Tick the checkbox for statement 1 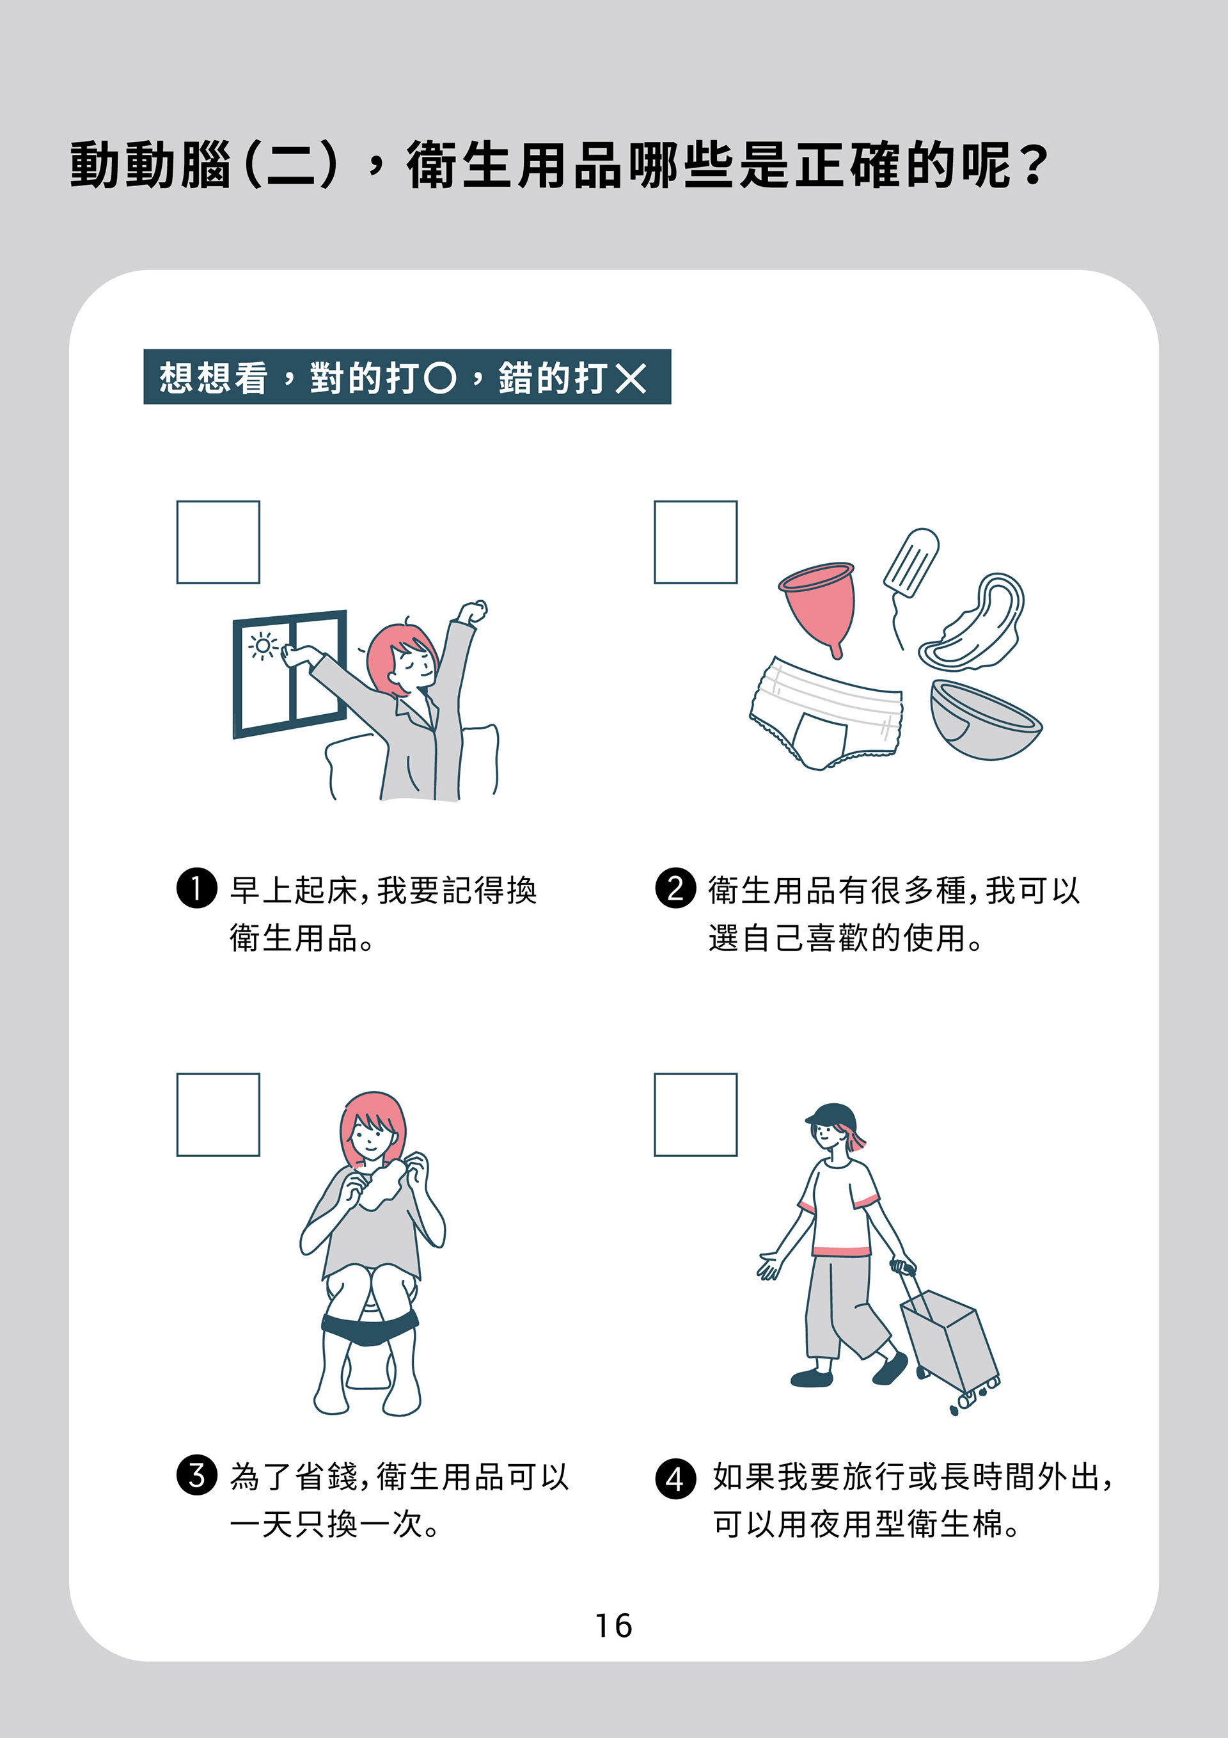pyautogui.click(x=218, y=542)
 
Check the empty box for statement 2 pyautogui.click(x=695, y=542)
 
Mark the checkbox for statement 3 pyautogui.click(x=218, y=1114)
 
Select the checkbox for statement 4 pyautogui.click(x=695, y=1114)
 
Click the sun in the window pyautogui.click(x=262, y=646)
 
